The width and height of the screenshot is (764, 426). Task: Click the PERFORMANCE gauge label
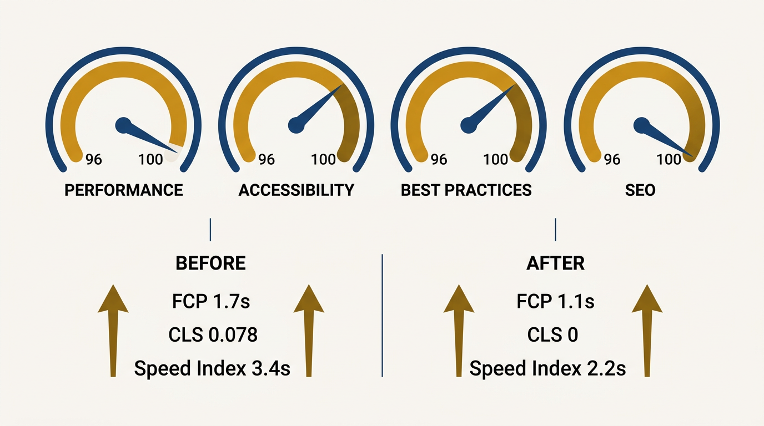[123, 190]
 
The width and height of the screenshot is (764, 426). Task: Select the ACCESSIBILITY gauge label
[296, 190]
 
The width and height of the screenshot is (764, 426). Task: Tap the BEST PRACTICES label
[466, 190]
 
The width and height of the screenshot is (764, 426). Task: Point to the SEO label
[640, 190]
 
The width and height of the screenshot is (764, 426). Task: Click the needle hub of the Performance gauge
[123, 125]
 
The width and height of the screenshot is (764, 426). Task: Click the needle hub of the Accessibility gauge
[296, 125]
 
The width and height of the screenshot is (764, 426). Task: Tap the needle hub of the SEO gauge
[642, 125]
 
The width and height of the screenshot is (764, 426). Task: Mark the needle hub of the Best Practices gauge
[469, 125]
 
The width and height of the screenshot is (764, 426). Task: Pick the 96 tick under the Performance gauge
[94, 160]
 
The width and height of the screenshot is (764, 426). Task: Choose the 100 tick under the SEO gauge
[668, 160]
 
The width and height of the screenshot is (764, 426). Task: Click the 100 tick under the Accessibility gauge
[323, 160]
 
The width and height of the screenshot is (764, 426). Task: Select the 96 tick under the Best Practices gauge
[439, 160]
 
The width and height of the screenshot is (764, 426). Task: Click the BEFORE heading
[210, 263]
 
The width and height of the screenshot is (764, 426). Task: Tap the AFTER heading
[555, 263]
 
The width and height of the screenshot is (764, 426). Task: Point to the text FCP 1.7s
[210, 302]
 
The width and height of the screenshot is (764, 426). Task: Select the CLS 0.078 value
[213, 335]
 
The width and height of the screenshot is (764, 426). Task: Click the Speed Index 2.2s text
[547, 368]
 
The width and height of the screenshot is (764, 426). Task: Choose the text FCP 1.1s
[555, 302]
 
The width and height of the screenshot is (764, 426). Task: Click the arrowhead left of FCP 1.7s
[113, 300]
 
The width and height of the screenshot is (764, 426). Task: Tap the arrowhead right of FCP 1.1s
[647, 300]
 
